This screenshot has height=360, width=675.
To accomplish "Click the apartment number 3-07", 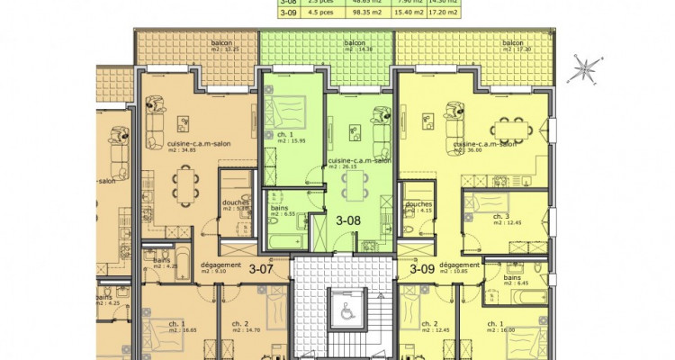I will [261, 267].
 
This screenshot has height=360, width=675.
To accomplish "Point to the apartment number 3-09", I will [423, 267].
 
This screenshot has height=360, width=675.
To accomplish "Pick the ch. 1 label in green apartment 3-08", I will [285, 138].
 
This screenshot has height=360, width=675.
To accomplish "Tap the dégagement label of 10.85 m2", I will [460, 268].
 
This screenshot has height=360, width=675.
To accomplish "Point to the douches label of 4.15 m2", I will [419, 207].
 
